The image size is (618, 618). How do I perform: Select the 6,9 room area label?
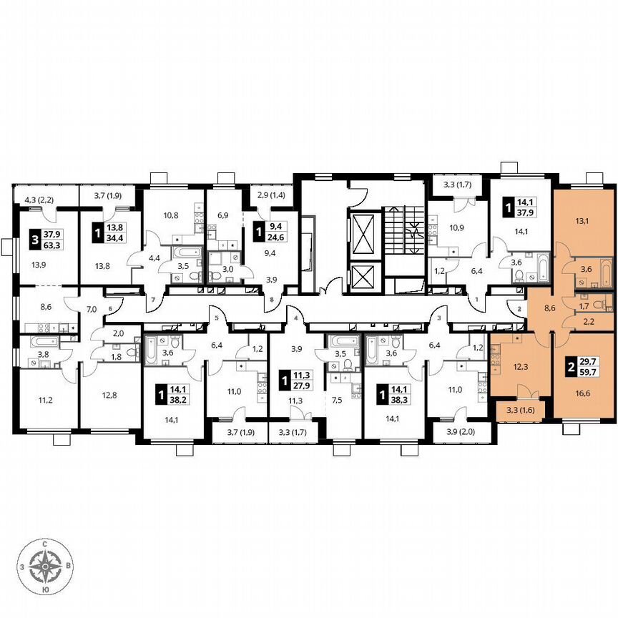222,215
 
